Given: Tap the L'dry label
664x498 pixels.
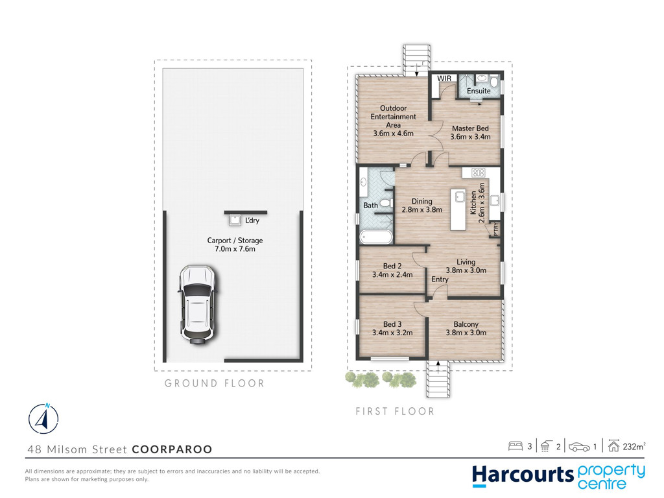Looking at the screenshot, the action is [252, 220].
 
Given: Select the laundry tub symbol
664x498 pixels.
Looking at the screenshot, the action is [235, 220].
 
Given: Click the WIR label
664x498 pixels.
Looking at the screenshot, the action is [444, 78].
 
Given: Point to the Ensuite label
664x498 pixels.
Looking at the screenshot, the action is [479, 91].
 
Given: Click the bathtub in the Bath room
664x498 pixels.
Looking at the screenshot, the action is [376, 237].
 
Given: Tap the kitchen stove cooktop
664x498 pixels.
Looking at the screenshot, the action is [478, 172].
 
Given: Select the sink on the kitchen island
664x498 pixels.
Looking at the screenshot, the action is [460, 196].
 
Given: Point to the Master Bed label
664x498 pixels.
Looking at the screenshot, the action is [470, 128].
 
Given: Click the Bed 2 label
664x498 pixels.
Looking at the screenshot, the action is [392, 266].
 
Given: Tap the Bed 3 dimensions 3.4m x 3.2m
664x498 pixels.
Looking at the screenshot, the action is [392, 333].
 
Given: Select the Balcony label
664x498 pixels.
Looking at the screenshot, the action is [466, 324].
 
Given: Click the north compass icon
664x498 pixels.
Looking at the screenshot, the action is [43, 419].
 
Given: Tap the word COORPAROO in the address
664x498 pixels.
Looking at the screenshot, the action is [172, 449].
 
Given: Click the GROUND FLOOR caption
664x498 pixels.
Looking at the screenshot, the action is [214, 383].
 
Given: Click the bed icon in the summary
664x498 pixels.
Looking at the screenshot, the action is [516, 446].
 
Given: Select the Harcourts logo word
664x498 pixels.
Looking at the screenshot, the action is [523, 475].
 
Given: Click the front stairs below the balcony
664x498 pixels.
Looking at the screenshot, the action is [438, 379].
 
